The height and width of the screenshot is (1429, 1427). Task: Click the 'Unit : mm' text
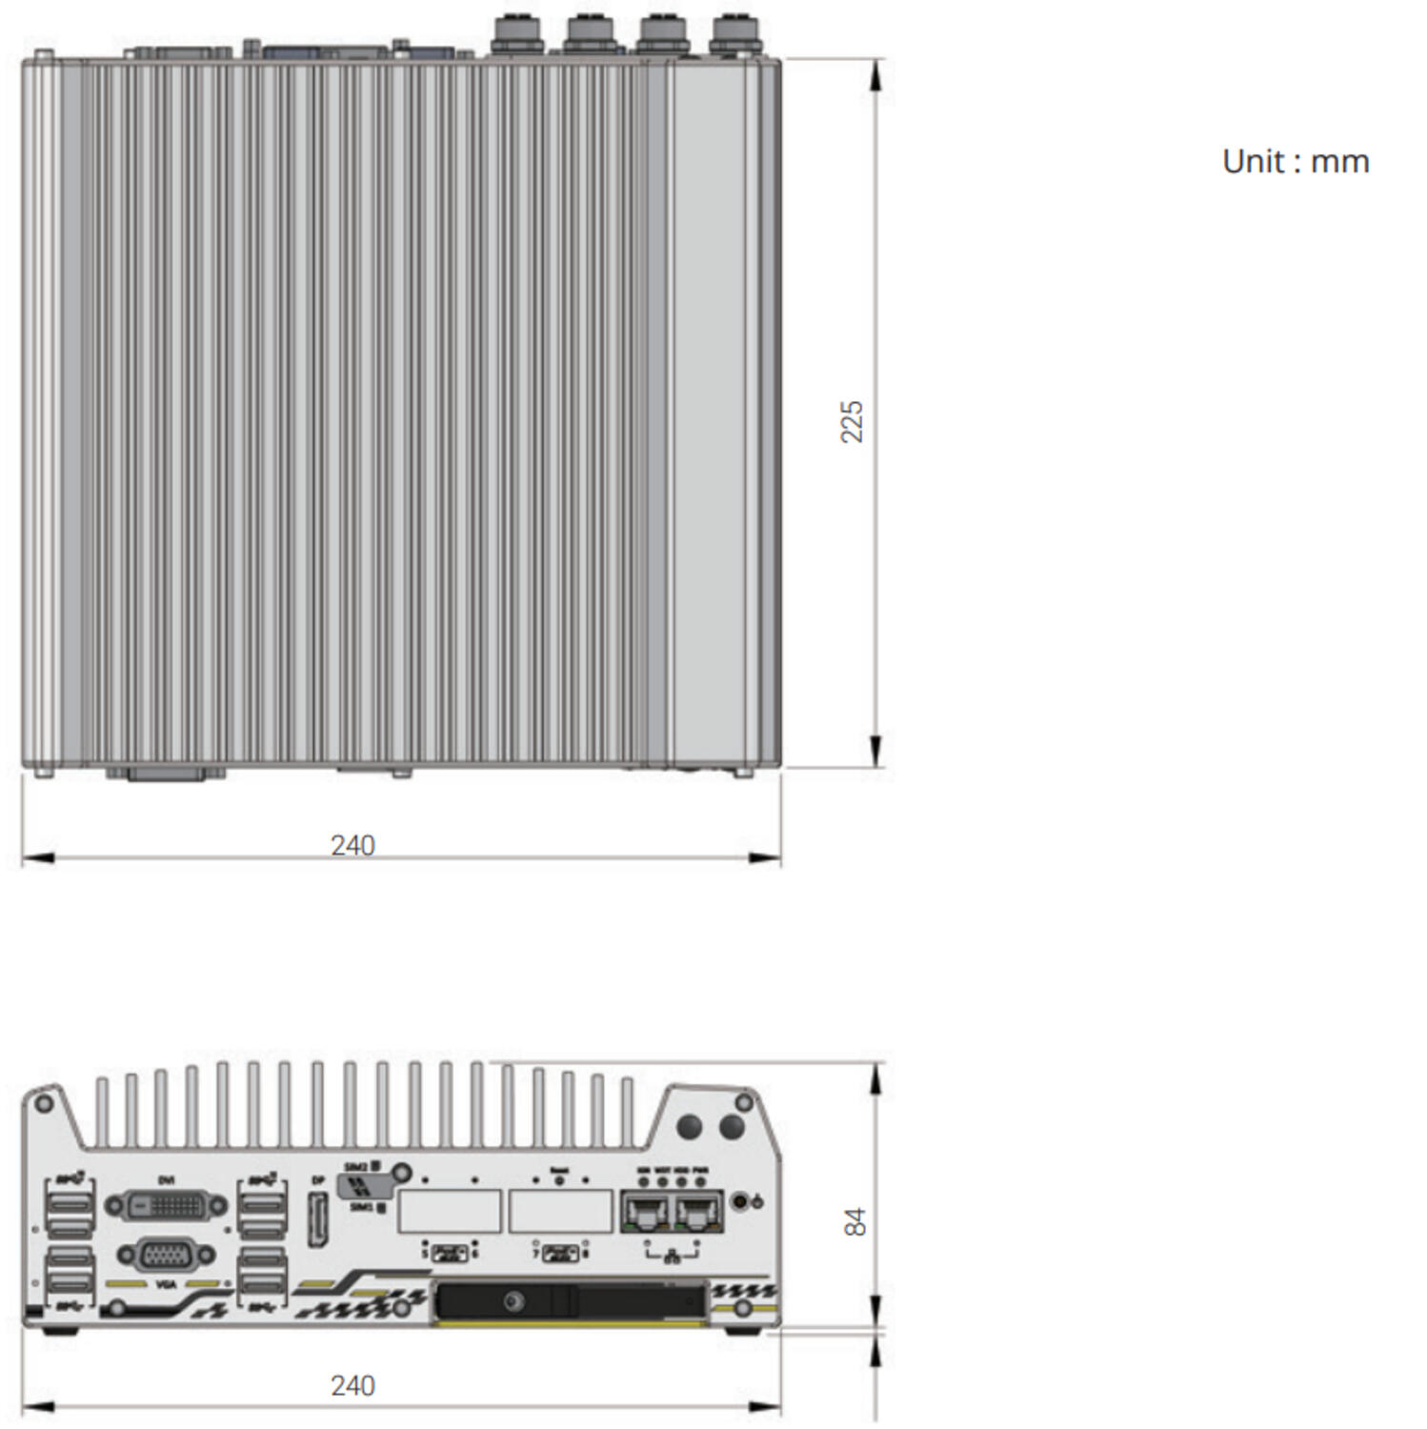[x=1295, y=161]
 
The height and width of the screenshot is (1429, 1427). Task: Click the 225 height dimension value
[x=852, y=421]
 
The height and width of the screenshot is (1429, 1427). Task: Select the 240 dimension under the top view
[x=352, y=845]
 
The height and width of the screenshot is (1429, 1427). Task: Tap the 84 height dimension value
[x=855, y=1222]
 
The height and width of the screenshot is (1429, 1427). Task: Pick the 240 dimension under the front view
[x=352, y=1385]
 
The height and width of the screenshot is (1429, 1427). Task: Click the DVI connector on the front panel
[x=166, y=1206]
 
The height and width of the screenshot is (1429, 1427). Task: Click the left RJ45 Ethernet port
[x=646, y=1213]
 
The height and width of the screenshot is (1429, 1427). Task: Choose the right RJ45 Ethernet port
[x=699, y=1213]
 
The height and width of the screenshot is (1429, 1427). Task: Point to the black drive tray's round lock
[x=513, y=1301]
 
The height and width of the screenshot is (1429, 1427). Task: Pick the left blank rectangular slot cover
[x=450, y=1211]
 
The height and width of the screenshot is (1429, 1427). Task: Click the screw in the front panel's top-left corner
[x=43, y=1104]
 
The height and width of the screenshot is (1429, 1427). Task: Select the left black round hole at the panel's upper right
[x=689, y=1127]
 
